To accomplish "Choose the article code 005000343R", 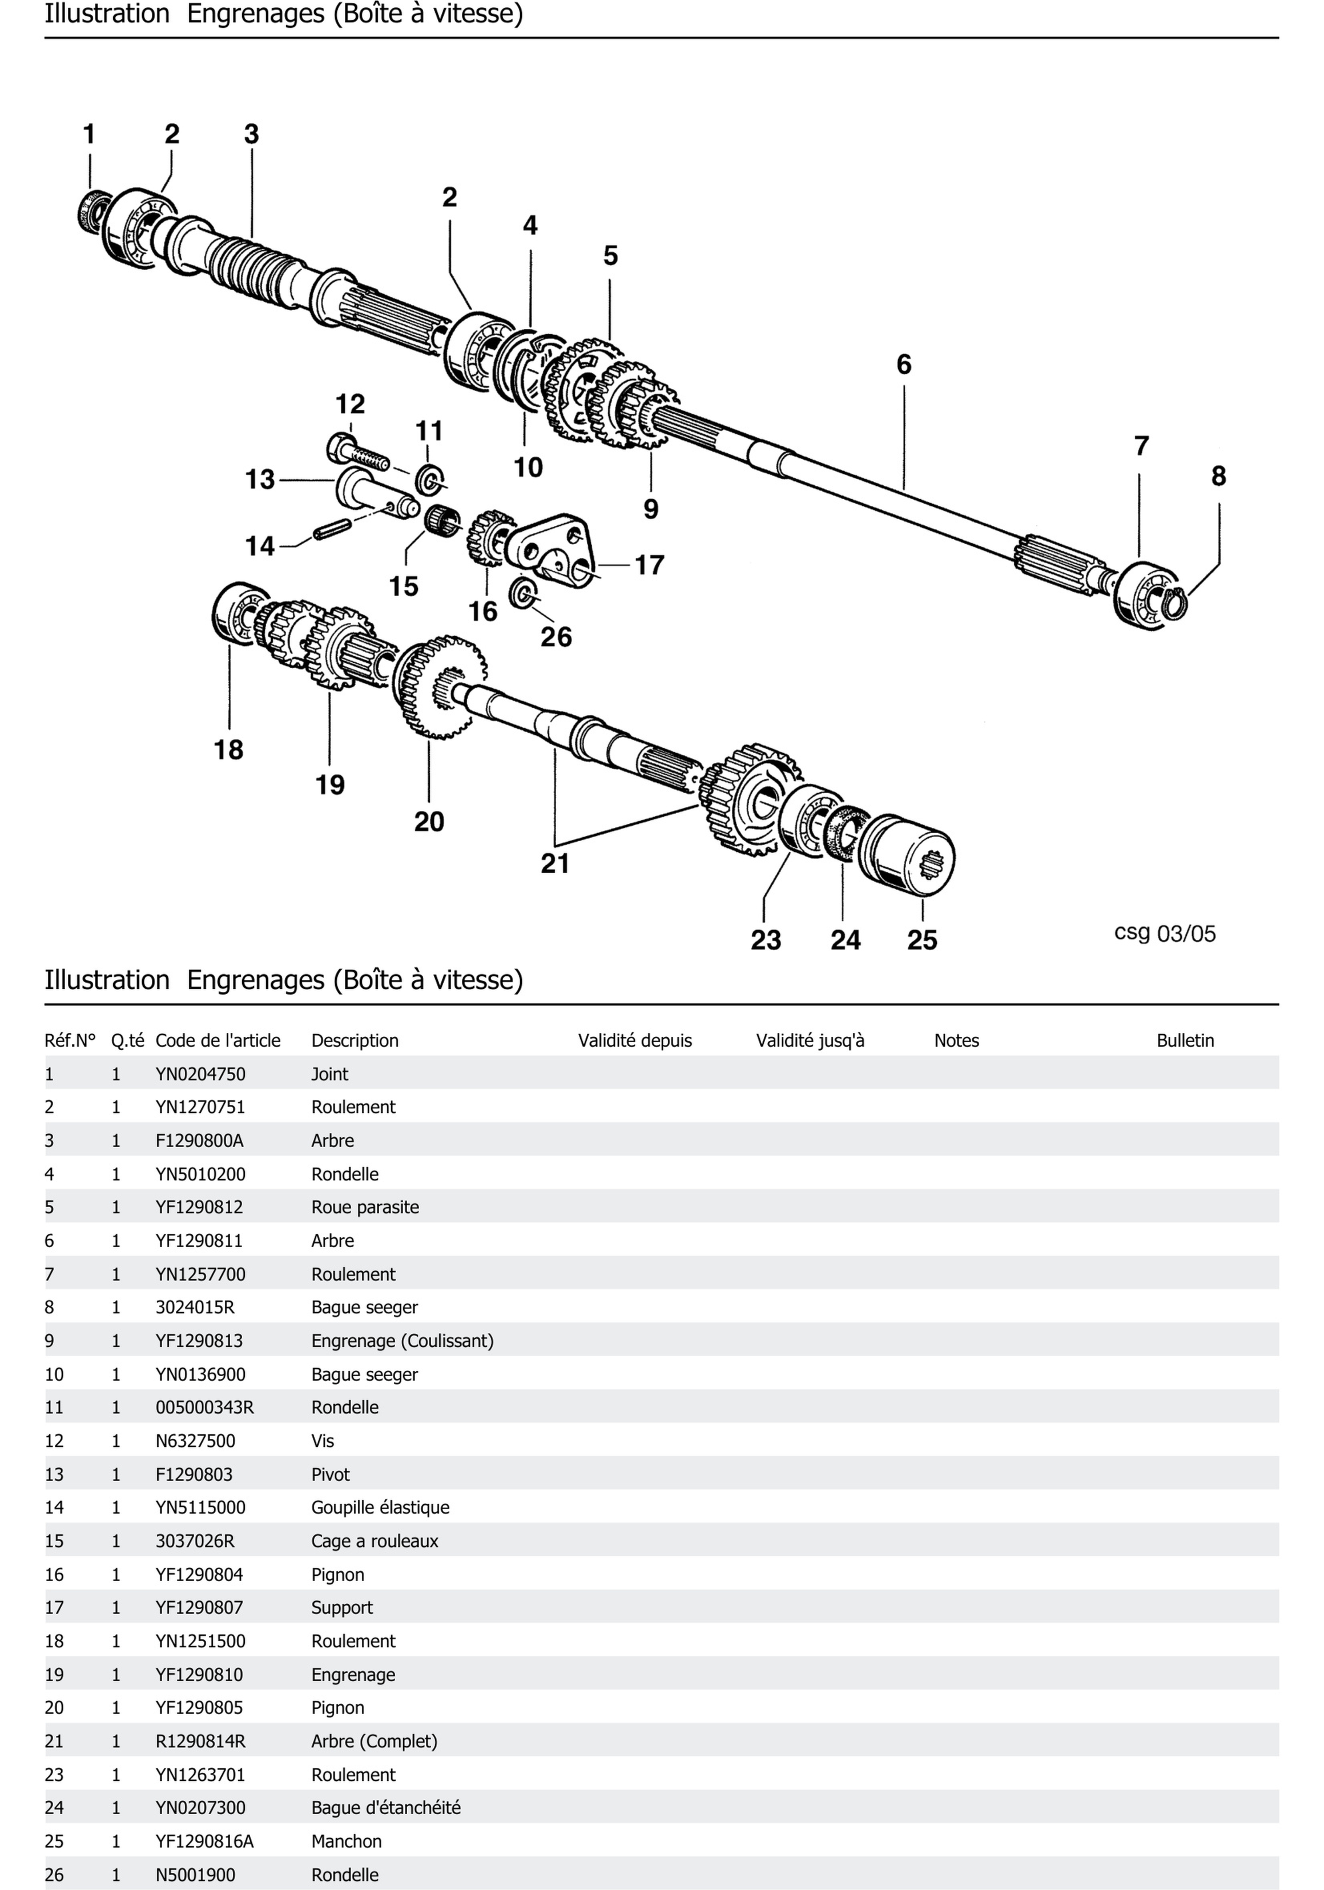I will [x=204, y=1407].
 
